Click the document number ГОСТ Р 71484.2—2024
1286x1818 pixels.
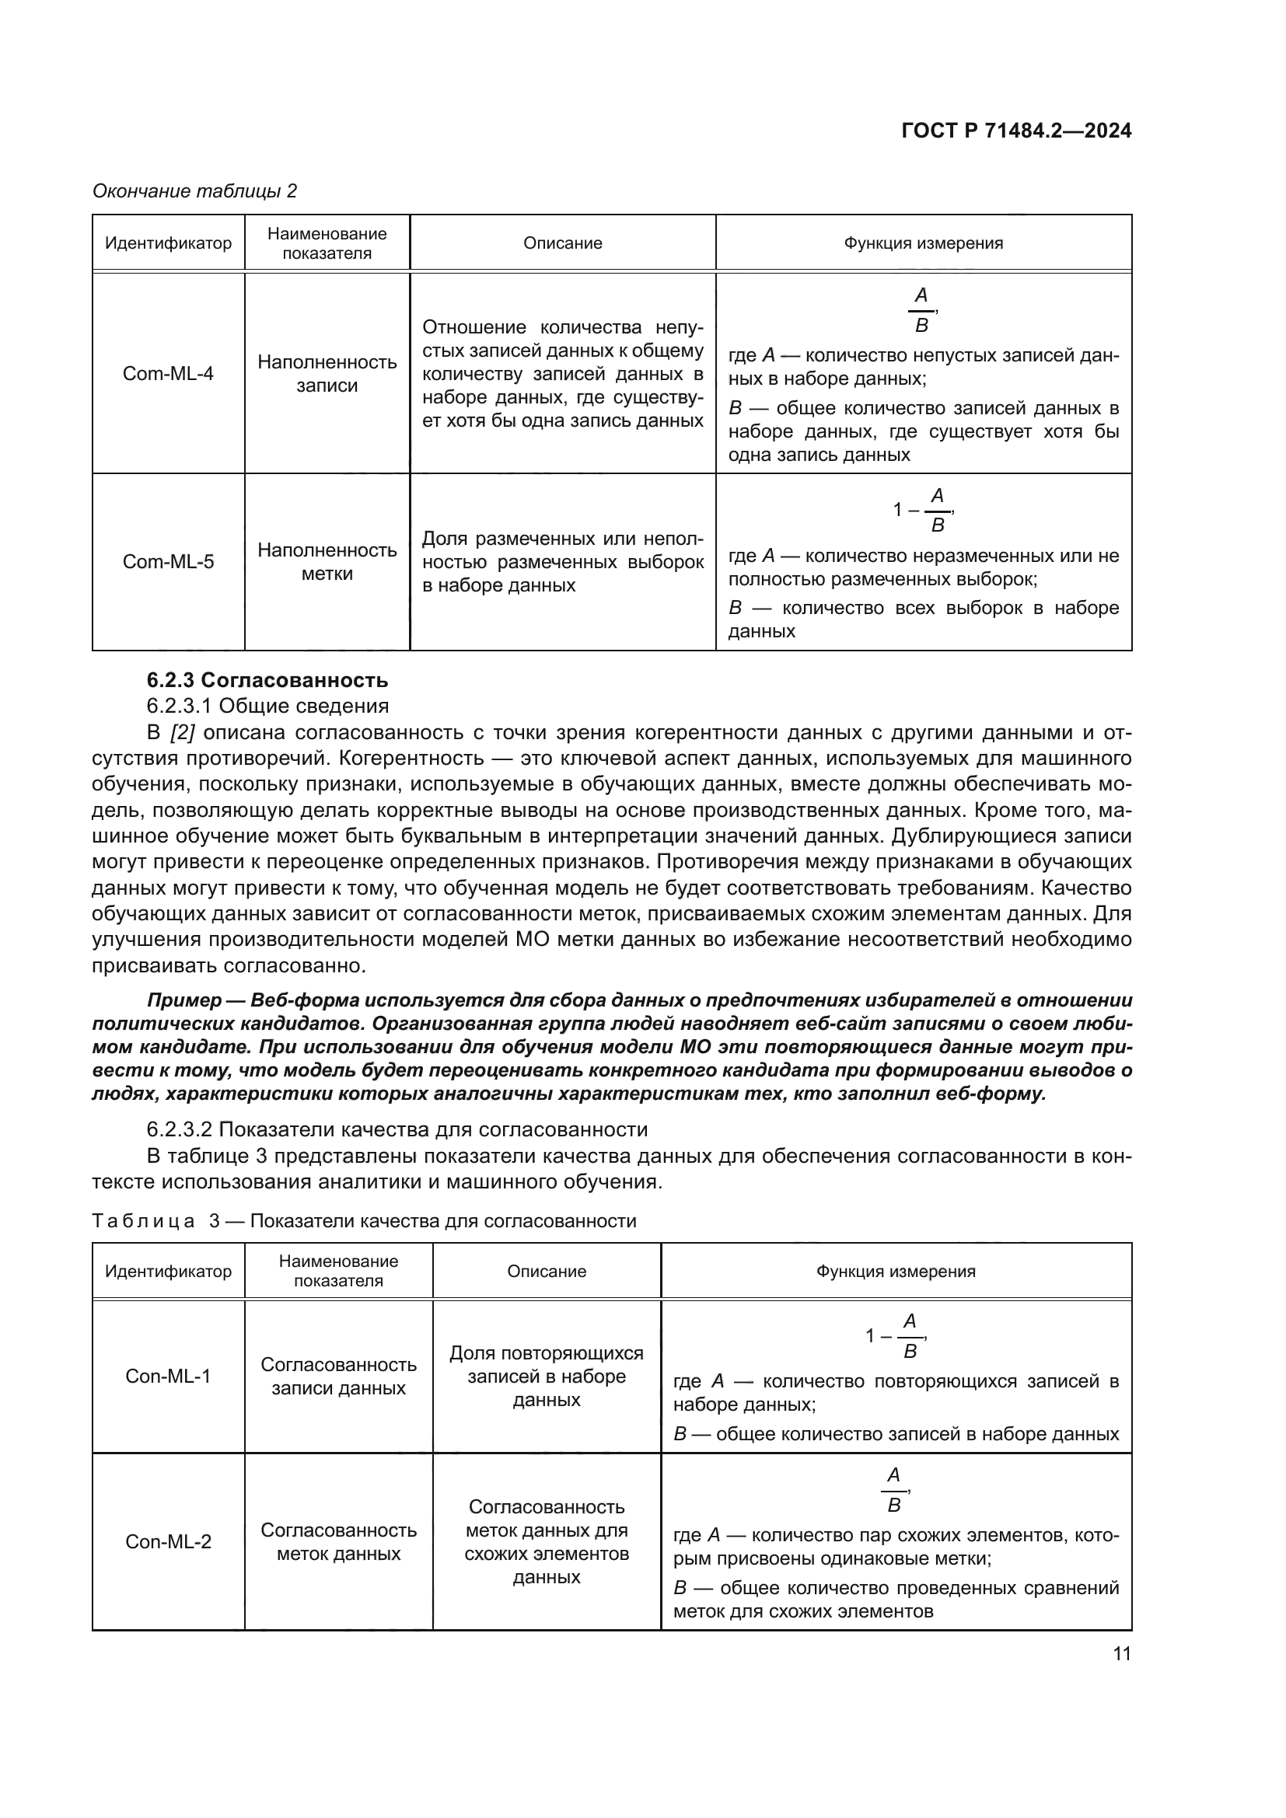(1016, 131)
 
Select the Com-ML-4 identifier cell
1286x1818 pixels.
(168, 373)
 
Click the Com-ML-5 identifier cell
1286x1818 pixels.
(168, 562)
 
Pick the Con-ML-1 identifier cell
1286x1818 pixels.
(168, 1377)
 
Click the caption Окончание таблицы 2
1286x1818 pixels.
(195, 191)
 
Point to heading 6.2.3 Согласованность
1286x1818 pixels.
(267, 680)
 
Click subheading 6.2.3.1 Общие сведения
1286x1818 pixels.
(267, 706)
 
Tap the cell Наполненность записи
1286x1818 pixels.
(327, 374)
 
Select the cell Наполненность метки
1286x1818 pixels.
(327, 561)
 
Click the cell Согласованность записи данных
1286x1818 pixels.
(338, 1377)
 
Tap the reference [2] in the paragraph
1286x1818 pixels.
(181, 732)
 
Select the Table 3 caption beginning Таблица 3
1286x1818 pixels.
(364, 1221)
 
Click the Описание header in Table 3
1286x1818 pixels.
(547, 1272)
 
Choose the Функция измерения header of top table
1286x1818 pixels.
(924, 243)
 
